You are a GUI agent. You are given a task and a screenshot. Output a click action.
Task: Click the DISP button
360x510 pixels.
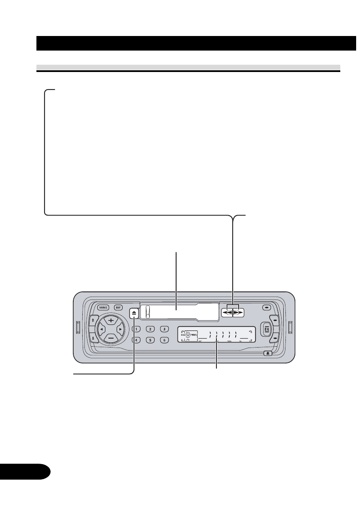pyautogui.click(x=117, y=307)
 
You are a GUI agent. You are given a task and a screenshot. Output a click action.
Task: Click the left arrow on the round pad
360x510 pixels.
pyautogui.click(x=101, y=329)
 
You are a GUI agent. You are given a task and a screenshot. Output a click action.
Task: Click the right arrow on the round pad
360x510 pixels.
pyautogui.click(x=121, y=329)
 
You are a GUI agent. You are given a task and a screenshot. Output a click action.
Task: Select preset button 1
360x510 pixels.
pyautogui.click(x=137, y=329)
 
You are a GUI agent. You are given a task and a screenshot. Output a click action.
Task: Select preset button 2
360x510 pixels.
pyautogui.click(x=150, y=329)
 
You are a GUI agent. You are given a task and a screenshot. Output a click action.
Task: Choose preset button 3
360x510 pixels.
pyautogui.click(x=164, y=329)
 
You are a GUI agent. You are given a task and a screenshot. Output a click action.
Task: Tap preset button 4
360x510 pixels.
pyautogui.click(x=137, y=340)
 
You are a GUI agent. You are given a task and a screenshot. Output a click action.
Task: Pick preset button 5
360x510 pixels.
pyautogui.click(x=150, y=340)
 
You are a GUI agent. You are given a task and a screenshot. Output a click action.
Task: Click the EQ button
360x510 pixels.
pyautogui.click(x=266, y=330)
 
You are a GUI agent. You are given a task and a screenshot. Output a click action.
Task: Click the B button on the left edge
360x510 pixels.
pyautogui.click(x=91, y=320)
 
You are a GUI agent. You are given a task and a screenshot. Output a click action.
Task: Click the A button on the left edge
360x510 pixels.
pyautogui.click(x=91, y=339)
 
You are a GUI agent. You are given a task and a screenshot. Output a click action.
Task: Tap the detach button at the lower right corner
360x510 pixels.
pyautogui.click(x=267, y=354)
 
